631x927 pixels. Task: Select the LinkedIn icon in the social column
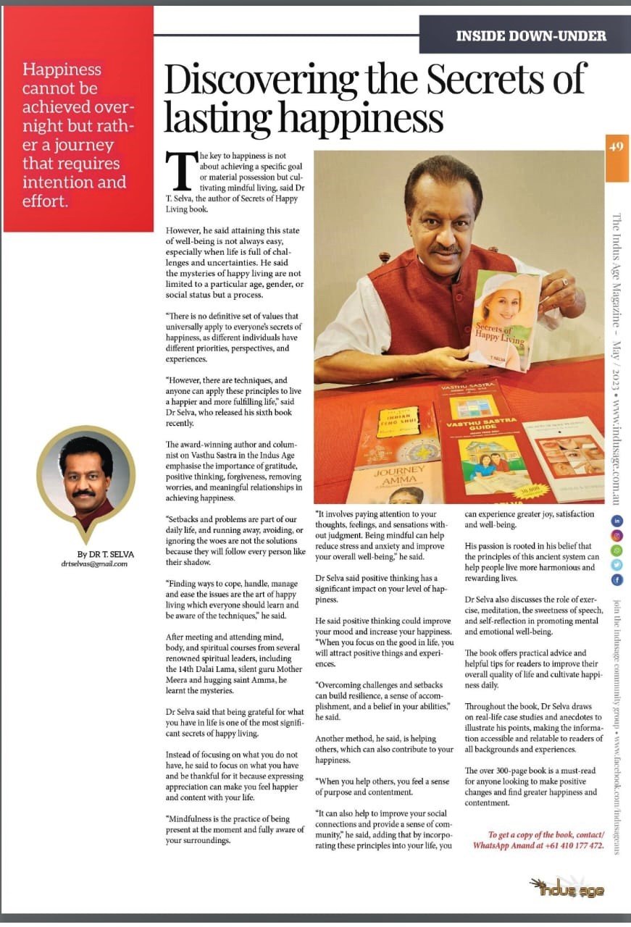tap(617, 521)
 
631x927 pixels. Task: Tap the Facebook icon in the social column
tap(617, 579)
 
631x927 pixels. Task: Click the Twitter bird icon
tap(617, 565)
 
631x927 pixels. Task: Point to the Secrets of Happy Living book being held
tap(503, 319)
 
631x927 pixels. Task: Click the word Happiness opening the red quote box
tap(62, 70)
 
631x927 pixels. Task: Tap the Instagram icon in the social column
tap(617, 535)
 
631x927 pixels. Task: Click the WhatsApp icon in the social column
tap(617, 550)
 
